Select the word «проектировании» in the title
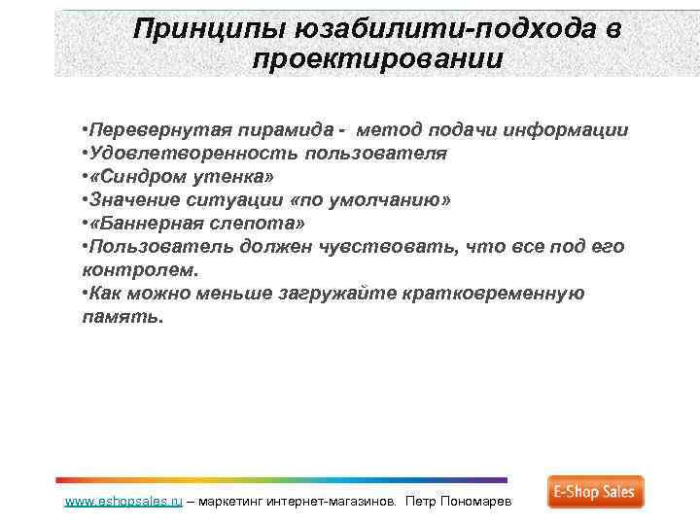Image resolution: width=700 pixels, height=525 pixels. pos(377,60)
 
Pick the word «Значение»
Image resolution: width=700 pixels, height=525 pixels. pos(132,200)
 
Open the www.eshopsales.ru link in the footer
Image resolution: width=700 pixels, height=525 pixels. pos(122,503)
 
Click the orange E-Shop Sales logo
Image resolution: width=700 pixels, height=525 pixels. pos(595,493)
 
